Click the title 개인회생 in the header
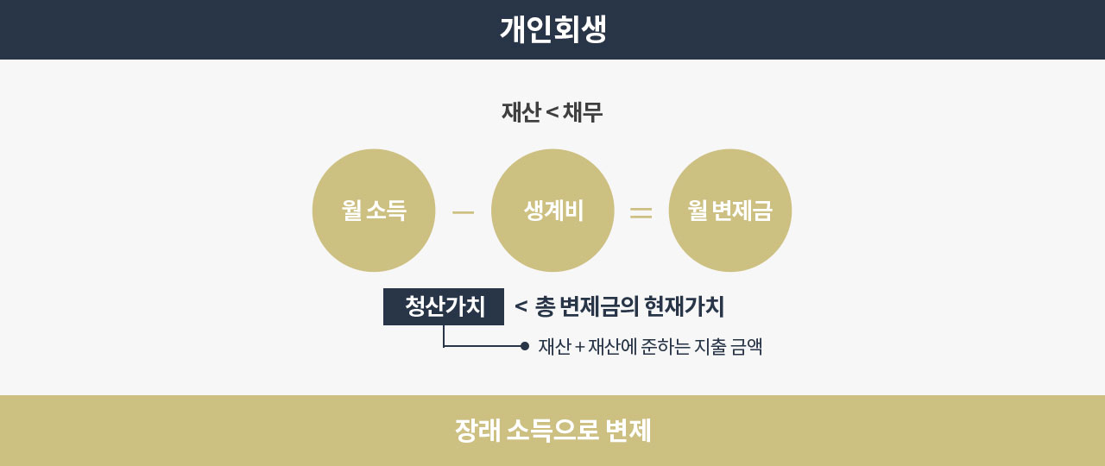pyautogui.click(x=553, y=29)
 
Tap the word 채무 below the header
pyautogui.click(x=583, y=112)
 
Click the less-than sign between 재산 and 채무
pyautogui.click(x=552, y=113)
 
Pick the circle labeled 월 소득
pyautogui.click(x=374, y=211)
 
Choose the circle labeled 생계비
pyautogui.click(x=552, y=211)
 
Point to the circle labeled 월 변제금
pyautogui.click(x=730, y=211)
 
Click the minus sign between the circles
pyautogui.click(x=464, y=212)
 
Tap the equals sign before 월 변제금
pyautogui.click(x=641, y=212)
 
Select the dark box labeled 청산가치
pyautogui.click(x=444, y=306)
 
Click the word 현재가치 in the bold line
pyautogui.click(x=685, y=306)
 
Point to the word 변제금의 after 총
pyautogui.click(x=600, y=306)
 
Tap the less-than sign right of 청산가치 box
pyautogui.click(x=521, y=306)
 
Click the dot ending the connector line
pyautogui.click(x=524, y=346)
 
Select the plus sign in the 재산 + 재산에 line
pyautogui.click(x=579, y=347)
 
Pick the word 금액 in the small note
pyautogui.click(x=747, y=346)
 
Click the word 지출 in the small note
pyautogui.click(x=710, y=346)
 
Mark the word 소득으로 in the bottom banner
pyautogui.click(x=553, y=430)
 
